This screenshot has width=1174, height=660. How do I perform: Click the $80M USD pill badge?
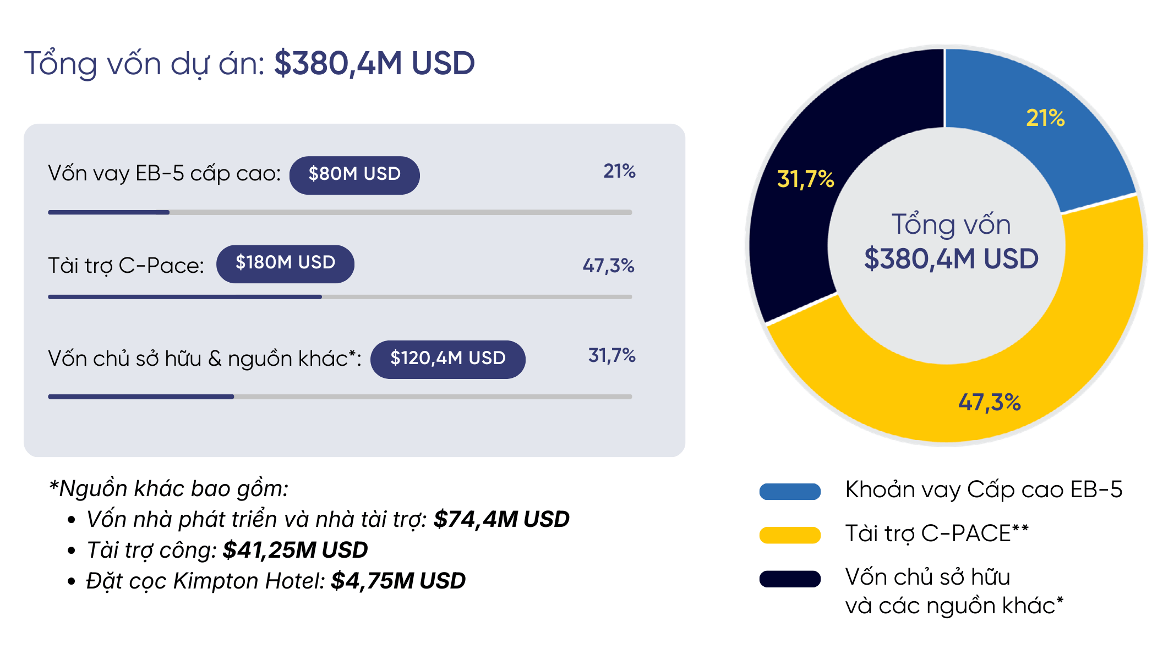point(354,175)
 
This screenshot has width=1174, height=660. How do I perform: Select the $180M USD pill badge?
point(285,264)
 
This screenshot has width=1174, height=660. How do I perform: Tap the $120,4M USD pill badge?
point(448,359)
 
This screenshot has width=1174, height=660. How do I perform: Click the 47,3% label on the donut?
point(990,403)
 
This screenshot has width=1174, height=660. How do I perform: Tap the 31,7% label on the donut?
point(805,179)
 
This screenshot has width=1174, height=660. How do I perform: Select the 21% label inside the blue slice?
point(1045,118)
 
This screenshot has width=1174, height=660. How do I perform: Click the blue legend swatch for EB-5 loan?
point(790,491)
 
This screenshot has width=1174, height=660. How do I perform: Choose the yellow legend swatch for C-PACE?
point(790,535)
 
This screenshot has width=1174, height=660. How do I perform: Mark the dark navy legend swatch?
point(790,579)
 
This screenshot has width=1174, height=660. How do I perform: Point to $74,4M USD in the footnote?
point(501,519)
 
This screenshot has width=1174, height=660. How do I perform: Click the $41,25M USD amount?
point(295,550)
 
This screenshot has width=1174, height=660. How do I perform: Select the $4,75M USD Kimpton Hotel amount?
point(398,581)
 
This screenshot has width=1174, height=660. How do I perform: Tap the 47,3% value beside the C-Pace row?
point(609,266)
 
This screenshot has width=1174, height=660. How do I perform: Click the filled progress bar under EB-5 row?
point(109,212)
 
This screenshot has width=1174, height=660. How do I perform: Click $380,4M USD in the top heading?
point(374,63)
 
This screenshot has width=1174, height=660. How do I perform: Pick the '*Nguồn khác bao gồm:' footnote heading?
point(168,488)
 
